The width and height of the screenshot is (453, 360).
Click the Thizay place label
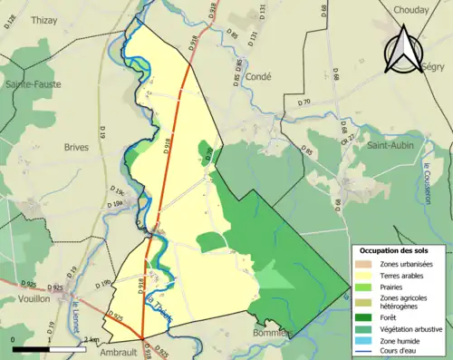tap(43, 19)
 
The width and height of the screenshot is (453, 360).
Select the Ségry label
tap(435, 67)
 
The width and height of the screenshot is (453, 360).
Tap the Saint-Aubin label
tap(390, 143)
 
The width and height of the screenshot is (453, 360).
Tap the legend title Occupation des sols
tap(400, 249)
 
